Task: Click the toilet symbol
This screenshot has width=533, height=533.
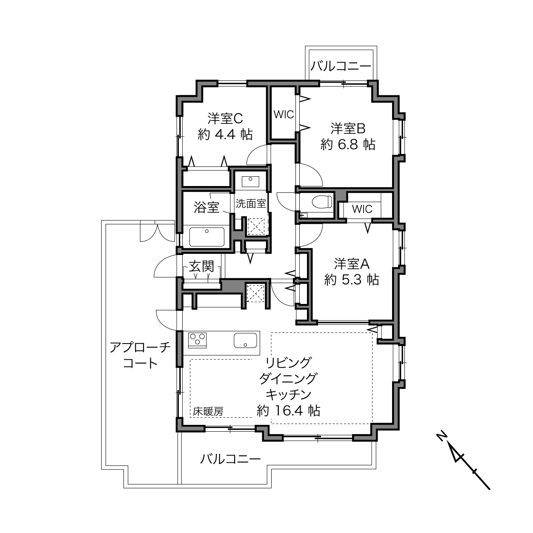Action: pos(322,202)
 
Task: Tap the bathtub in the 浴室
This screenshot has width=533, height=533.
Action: pos(206,237)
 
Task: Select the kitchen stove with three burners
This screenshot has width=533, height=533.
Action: pos(197,340)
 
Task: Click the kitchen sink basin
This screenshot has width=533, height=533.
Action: pos(245,340)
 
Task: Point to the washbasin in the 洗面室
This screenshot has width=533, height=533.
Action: pos(250,182)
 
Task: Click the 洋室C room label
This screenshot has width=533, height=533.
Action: pos(226,119)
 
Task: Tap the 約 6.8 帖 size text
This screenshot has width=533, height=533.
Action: pos(348,144)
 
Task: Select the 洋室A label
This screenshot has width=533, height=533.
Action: pos(352,264)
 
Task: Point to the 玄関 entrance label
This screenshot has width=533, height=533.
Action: pos(201,266)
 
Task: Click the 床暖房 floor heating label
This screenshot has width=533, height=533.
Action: pos(208,412)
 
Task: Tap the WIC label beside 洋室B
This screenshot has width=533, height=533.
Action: pos(284,114)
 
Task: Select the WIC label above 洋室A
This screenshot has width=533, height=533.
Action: pos(362,209)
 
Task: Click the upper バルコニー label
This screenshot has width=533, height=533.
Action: pos(341,66)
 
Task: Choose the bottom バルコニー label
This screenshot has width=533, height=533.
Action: pos(230,459)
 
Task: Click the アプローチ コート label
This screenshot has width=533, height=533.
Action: pos(140,355)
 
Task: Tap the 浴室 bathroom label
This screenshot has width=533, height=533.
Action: pos(206,207)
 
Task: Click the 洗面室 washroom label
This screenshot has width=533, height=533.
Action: pos(251,203)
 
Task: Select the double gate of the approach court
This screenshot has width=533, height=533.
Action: pos(158,231)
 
